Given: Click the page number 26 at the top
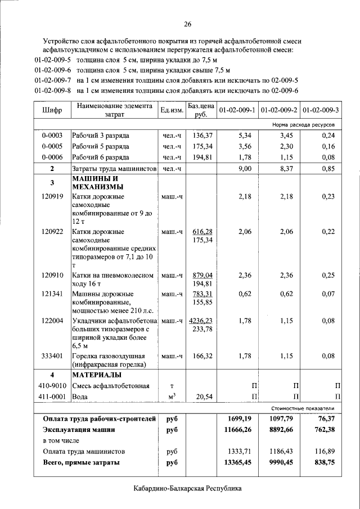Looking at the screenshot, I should [188, 24].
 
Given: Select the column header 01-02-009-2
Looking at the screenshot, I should [280, 110].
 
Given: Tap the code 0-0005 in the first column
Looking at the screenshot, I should [52, 146].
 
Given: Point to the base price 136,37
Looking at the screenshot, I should [202, 136].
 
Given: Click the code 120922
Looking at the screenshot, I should [52, 231].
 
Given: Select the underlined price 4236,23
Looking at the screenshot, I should [201, 320].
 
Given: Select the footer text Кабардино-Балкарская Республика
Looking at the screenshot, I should [188, 489].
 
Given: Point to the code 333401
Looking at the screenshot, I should [52, 356].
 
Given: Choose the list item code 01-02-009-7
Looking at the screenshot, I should [52, 80].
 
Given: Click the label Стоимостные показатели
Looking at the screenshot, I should [303, 408].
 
